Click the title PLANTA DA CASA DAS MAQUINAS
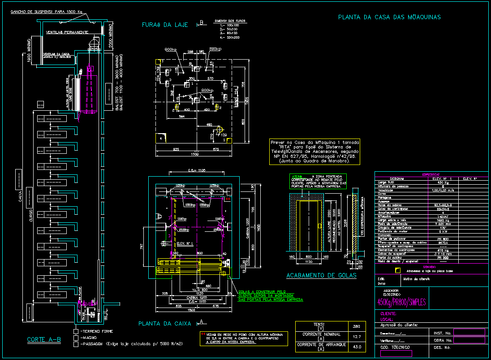pos(389,17)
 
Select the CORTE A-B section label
pos(44,339)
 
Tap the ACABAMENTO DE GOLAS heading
pos(321,275)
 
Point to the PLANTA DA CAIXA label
pos(165,323)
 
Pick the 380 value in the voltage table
pos(356,326)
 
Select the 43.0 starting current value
pos(356,347)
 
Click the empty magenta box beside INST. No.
pos(469,332)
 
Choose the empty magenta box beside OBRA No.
pos(469,340)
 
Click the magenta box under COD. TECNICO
pos(393,354)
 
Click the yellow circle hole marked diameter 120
pos(219,130)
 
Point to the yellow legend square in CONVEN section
pos(397,270)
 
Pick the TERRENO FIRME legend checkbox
pos(76,331)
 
